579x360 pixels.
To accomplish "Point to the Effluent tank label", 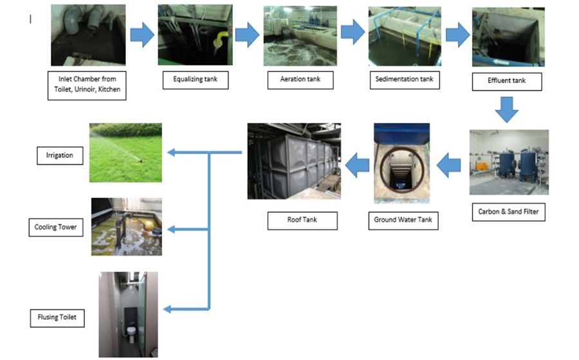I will [506, 82].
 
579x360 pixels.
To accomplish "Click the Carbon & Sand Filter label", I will [508, 211].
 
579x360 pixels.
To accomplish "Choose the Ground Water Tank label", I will [403, 220].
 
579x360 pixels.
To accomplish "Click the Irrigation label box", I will [59, 155].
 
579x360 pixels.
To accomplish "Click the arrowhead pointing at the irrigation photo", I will [172, 152].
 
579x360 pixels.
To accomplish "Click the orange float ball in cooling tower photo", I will [151, 227].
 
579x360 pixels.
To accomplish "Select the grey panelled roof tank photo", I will [293, 161].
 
